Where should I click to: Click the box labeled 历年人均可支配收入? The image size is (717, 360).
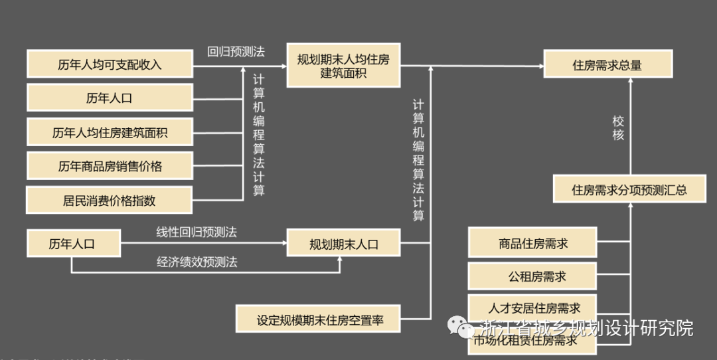(110, 64)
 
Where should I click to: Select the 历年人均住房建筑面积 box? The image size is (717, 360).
(110, 132)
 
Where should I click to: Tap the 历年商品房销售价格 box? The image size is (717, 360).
(110, 166)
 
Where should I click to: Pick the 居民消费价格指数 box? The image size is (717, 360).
(110, 200)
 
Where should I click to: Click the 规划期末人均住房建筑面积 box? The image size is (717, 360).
(343, 66)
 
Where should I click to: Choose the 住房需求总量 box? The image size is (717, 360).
(607, 65)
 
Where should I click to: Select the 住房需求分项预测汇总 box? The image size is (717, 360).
(629, 190)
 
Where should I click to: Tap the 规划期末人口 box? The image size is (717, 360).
(343, 244)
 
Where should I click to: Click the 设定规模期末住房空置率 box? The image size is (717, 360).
(319, 319)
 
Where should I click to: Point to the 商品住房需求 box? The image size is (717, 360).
(532, 243)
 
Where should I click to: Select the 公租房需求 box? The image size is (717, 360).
(532, 276)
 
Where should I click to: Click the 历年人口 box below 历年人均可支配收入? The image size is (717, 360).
(110, 98)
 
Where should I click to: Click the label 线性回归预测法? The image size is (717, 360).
(197, 232)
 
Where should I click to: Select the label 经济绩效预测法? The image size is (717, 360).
(197, 262)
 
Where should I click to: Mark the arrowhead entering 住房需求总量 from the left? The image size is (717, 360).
(539, 66)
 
